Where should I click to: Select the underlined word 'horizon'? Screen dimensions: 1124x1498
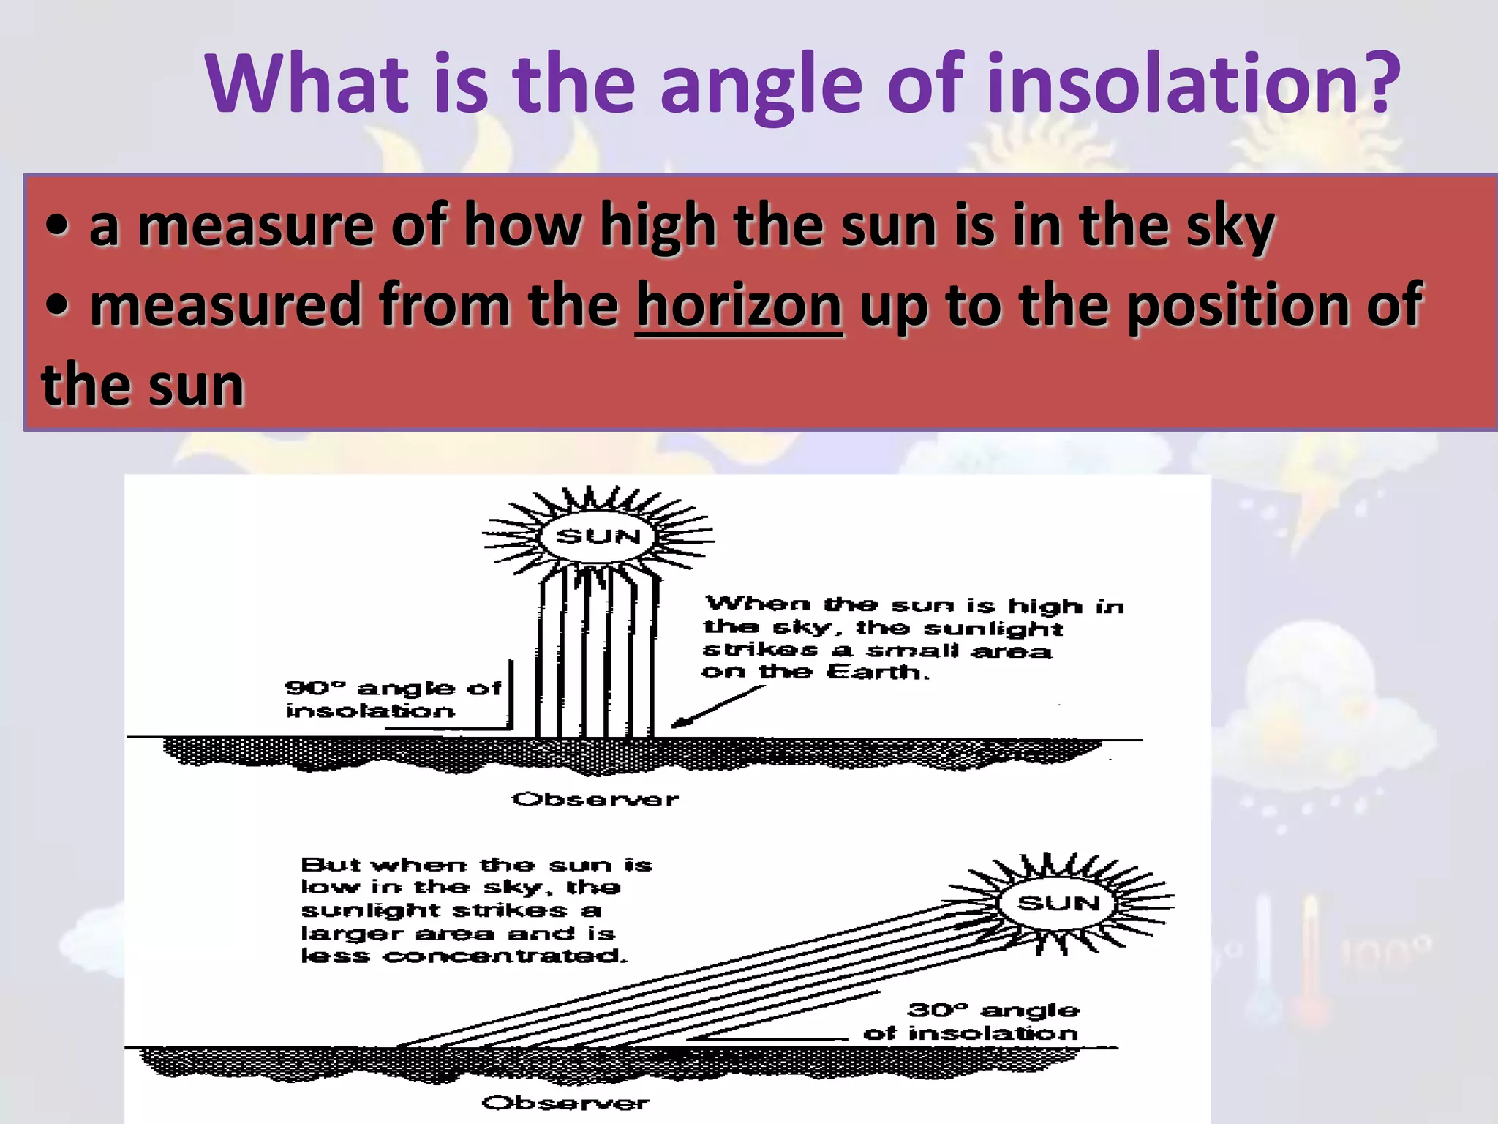[739, 305]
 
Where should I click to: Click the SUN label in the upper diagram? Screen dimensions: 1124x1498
[598, 536]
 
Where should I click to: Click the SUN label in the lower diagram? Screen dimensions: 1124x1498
[1058, 903]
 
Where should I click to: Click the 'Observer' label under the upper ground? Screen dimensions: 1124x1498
[595, 799]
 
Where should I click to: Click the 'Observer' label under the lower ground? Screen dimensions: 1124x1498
[565, 1103]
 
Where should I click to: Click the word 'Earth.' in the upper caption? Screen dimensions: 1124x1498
[878, 672]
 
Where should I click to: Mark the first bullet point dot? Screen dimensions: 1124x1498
[57, 225]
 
